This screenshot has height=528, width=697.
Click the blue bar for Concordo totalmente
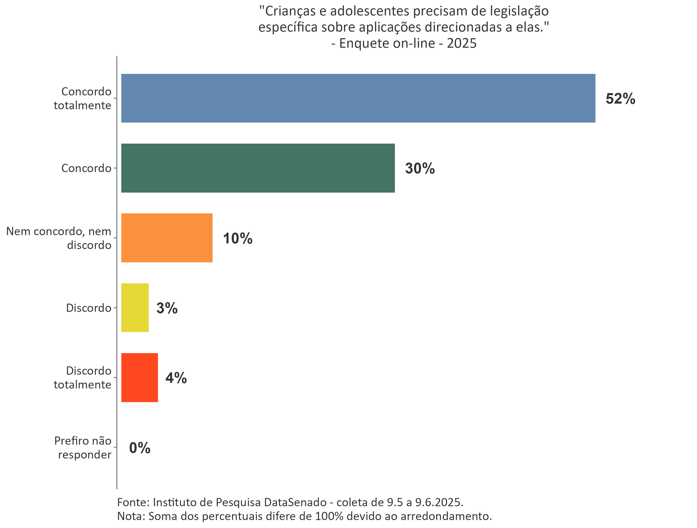358,98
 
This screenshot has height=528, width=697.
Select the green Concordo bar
258,168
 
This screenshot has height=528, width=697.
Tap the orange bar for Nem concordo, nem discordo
167,238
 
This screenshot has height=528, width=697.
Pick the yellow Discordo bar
135,307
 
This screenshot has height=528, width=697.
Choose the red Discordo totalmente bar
139,377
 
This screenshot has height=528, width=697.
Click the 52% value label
620,99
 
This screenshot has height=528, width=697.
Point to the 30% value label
420,168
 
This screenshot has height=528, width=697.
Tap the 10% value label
237,238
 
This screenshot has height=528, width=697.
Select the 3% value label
167,308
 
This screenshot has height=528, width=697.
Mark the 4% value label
176,378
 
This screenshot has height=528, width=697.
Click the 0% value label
140,448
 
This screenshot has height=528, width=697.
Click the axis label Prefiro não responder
83,447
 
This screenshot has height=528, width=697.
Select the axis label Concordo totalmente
83,98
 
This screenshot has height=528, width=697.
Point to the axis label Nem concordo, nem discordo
59,238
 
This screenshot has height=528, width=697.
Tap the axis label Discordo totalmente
83,377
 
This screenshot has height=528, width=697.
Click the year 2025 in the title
462,43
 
